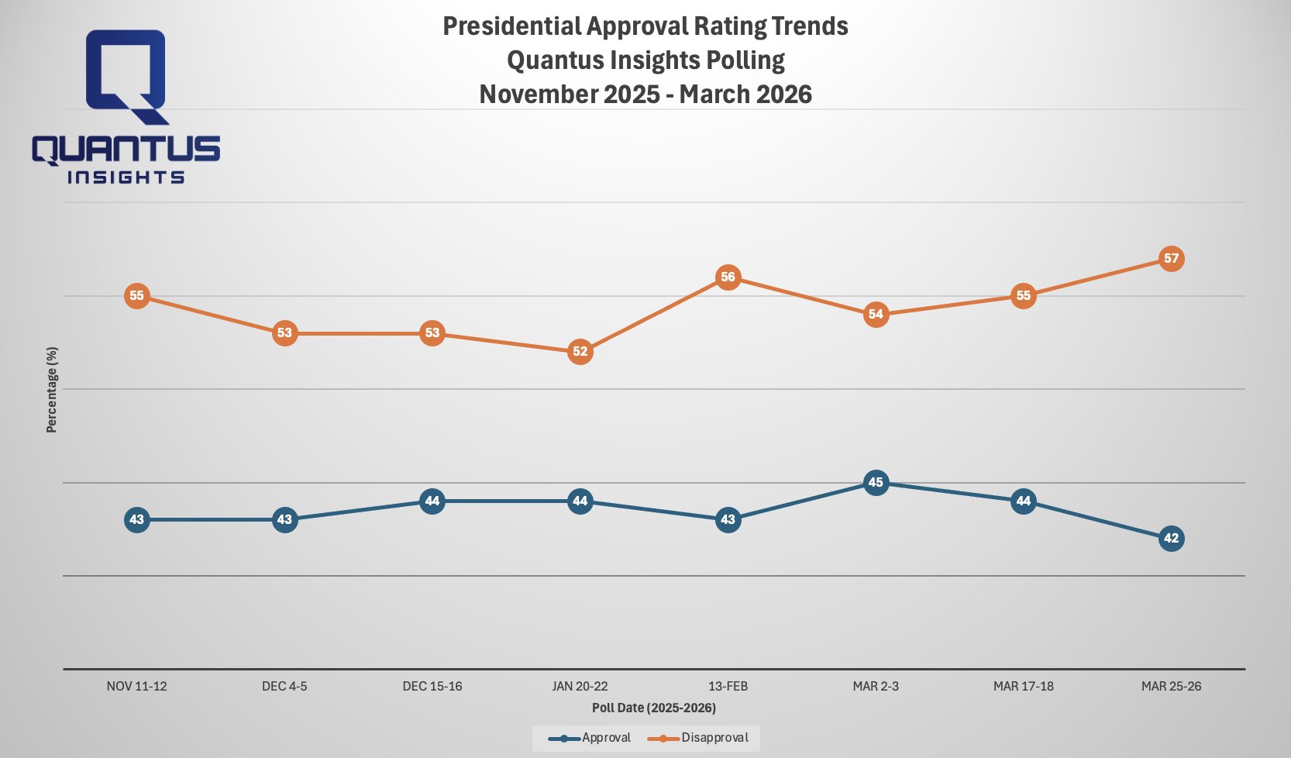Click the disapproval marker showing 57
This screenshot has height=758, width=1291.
click(1171, 258)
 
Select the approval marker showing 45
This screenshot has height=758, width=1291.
click(876, 482)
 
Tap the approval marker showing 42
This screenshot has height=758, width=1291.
click(1171, 538)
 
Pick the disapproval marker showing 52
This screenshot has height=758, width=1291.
click(580, 351)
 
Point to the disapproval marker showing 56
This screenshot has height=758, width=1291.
click(728, 277)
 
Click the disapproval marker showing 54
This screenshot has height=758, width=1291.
click(876, 314)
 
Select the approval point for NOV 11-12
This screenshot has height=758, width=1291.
click(136, 519)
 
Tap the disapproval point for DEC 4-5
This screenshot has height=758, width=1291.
click(284, 333)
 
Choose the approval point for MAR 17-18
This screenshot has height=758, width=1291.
click(1023, 501)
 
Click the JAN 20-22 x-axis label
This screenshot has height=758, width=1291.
click(580, 686)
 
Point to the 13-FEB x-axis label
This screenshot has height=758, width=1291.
click(728, 686)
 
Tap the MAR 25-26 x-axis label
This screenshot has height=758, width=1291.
click(1171, 686)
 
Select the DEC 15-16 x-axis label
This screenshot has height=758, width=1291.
click(432, 686)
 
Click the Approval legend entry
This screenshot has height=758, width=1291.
click(590, 738)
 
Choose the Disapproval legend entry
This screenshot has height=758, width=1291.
click(700, 738)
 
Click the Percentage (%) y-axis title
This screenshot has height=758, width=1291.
click(52, 389)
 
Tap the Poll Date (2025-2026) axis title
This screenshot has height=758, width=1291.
click(653, 708)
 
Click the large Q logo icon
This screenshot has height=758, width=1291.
click(126, 76)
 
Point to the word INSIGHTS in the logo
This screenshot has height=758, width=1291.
click(126, 177)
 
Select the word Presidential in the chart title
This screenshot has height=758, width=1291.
click(511, 26)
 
